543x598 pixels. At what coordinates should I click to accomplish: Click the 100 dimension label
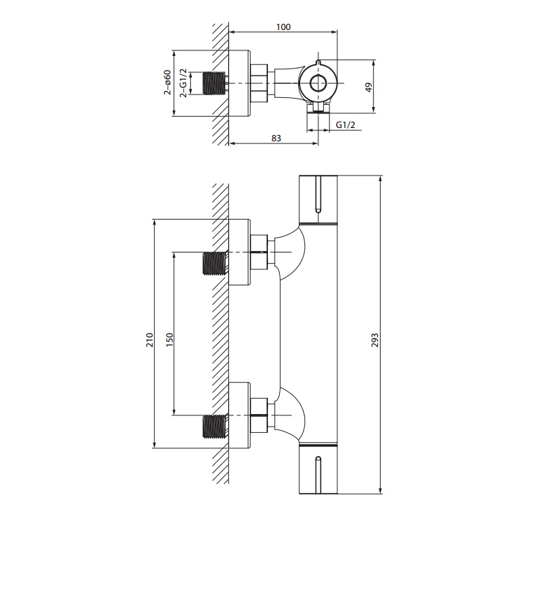[x=283, y=27]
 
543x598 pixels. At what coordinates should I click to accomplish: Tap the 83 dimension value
[x=276, y=138]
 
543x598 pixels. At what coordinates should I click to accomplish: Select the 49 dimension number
[x=368, y=87]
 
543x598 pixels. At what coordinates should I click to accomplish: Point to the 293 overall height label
[x=375, y=340]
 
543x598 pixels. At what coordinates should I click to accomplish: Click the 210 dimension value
[x=150, y=340]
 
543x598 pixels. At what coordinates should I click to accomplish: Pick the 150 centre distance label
[x=170, y=340]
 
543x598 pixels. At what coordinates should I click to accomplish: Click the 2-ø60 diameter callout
[x=167, y=83]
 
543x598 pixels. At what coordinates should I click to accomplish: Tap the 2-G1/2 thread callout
[x=184, y=83]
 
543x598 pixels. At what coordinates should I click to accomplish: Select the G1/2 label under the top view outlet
[x=346, y=124]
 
